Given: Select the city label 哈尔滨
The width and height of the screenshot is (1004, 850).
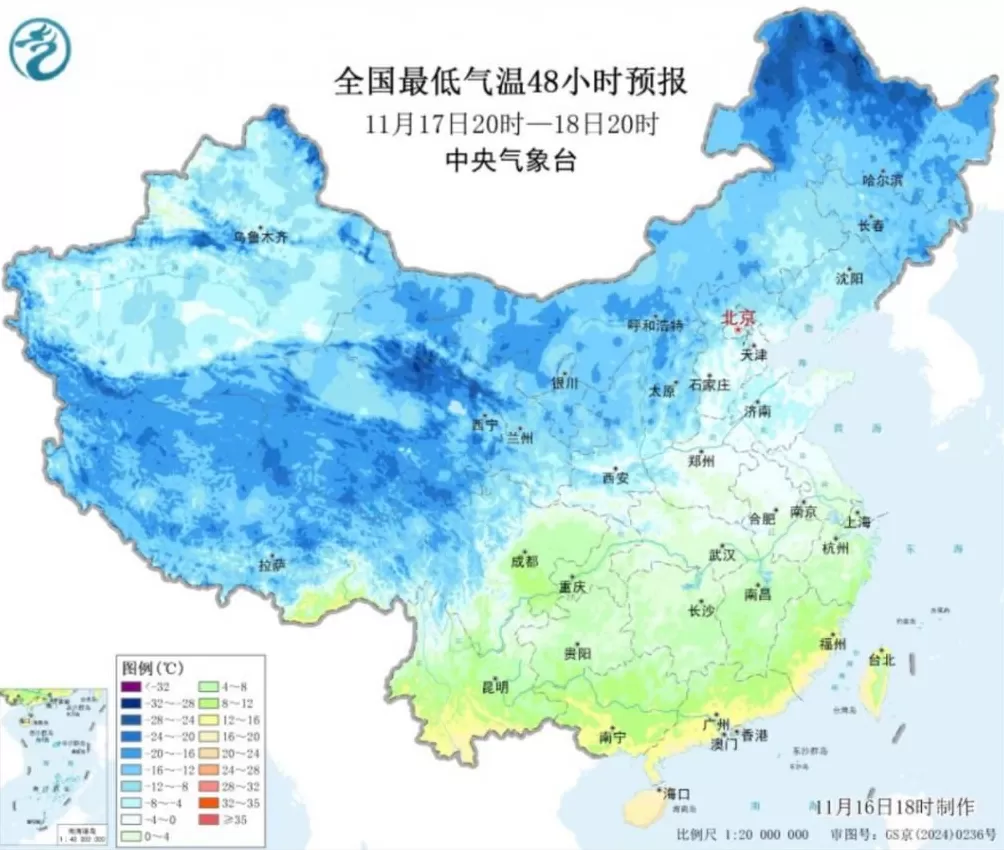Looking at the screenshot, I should click(882, 180).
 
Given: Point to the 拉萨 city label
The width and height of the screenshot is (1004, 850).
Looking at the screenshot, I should click(271, 565).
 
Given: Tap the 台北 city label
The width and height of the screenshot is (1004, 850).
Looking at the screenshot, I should click(882, 660).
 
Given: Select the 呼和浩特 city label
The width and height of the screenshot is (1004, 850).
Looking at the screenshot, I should click(655, 326).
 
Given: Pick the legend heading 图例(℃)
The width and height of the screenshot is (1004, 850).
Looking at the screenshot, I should click(145, 667).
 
